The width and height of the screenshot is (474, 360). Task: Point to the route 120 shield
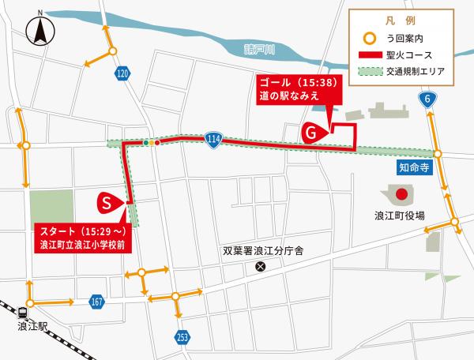121,73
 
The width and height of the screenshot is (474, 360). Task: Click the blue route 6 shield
427,99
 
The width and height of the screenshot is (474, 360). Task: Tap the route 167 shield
97,302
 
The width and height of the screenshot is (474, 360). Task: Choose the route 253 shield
183,337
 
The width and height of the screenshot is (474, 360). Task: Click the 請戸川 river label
258,50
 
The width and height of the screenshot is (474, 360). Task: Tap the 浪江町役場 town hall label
400,215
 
